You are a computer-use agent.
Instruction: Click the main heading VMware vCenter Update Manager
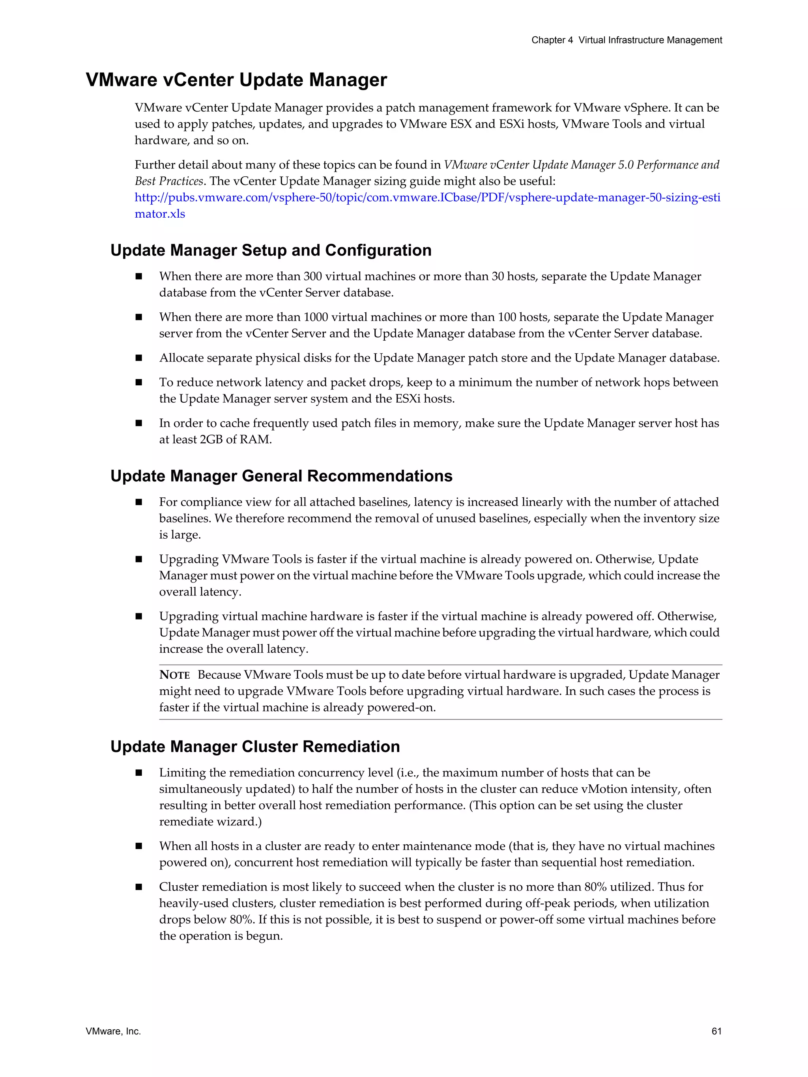pyautogui.click(x=236, y=80)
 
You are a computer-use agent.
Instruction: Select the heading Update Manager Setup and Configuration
pyautogui.click(x=271, y=250)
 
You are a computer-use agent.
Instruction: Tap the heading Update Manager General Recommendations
pyautogui.click(x=281, y=476)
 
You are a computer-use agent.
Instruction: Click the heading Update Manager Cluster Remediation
pyautogui.click(x=255, y=747)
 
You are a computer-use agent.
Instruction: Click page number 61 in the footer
pyautogui.click(x=716, y=1031)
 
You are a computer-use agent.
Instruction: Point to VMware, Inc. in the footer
pyautogui.click(x=113, y=1031)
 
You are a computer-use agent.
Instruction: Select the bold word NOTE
pyautogui.click(x=174, y=675)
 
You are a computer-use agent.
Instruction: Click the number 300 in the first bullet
pyautogui.click(x=313, y=276)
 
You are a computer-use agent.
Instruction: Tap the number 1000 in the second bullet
pyautogui.click(x=316, y=317)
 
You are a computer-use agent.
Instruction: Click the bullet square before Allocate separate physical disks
pyautogui.click(x=139, y=358)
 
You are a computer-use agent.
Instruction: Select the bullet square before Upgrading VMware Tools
pyautogui.click(x=139, y=559)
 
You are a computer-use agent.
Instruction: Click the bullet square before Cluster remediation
pyautogui.click(x=139, y=887)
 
